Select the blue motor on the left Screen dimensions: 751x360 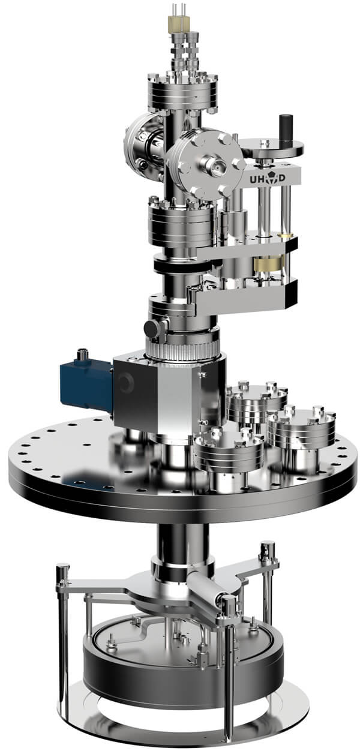87,384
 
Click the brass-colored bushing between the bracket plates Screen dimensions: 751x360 269,265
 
